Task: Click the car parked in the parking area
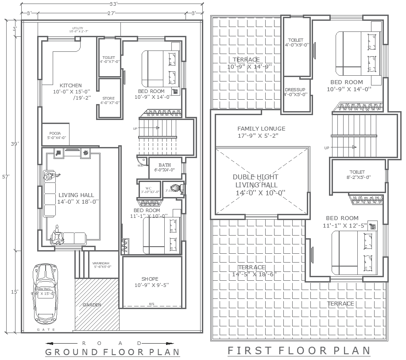(45, 293)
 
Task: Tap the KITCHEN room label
(71, 85)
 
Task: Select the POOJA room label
(55, 133)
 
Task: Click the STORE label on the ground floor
(108, 98)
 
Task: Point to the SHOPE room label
(150, 279)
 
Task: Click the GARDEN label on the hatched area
(92, 305)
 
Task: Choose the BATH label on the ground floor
(164, 165)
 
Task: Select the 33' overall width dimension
(113, 4)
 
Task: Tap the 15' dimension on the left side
(15, 292)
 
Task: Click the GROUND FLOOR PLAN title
(113, 352)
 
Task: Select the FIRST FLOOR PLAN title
(299, 351)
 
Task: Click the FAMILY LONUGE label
(261, 129)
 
